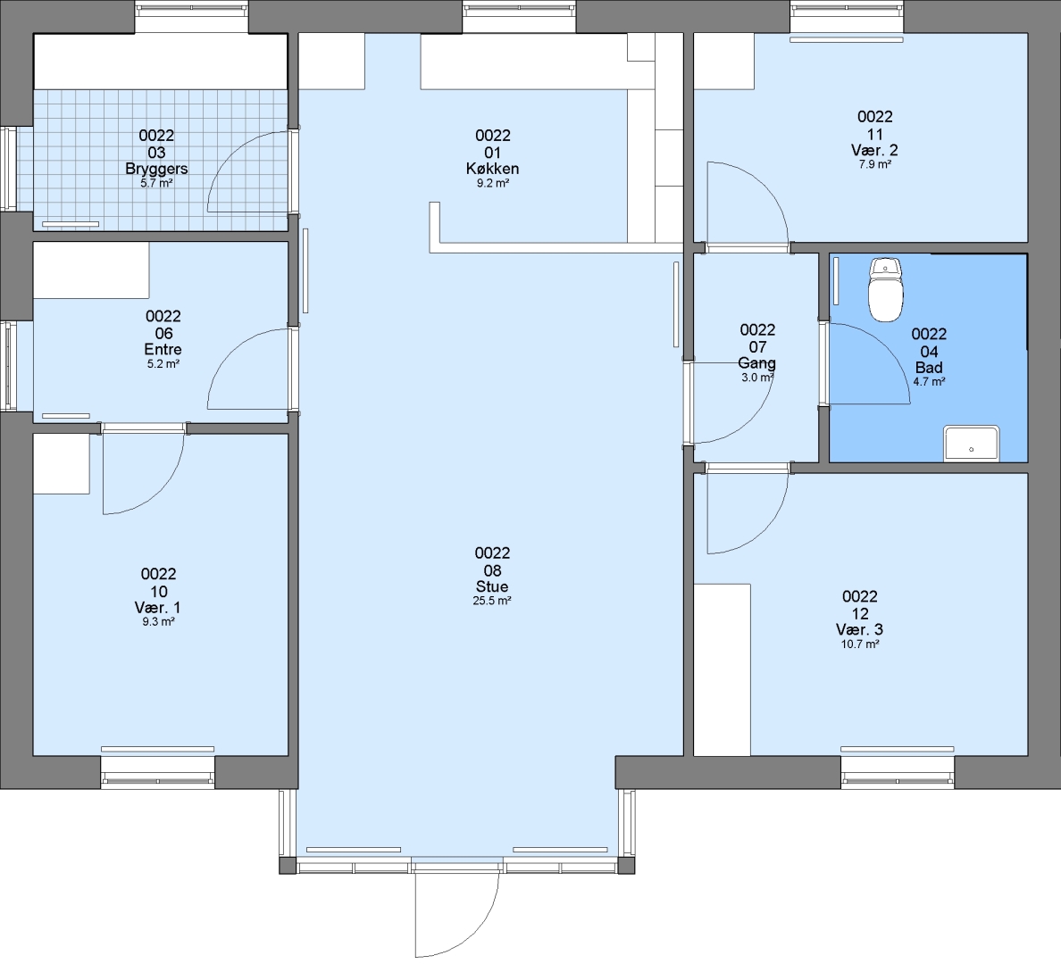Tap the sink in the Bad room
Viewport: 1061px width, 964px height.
click(x=971, y=443)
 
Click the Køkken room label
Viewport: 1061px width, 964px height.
click(x=493, y=169)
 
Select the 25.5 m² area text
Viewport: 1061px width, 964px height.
click(x=492, y=601)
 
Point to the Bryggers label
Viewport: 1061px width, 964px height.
click(x=156, y=169)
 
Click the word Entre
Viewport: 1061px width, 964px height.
click(x=163, y=349)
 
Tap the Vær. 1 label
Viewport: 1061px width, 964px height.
click(x=158, y=608)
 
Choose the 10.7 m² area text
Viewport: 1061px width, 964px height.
click(x=860, y=644)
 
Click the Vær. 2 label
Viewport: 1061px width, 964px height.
click(x=875, y=149)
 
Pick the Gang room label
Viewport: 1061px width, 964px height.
click(x=757, y=363)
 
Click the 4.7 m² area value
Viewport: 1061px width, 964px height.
click(x=929, y=381)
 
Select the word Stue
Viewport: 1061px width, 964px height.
click(x=492, y=586)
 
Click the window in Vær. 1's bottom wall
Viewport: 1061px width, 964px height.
click(x=158, y=772)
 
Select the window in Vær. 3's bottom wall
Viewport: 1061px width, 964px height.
click(x=898, y=772)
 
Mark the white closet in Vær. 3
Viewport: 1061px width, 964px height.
click(x=722, y=669)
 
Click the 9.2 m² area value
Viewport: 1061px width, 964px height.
click(x=493, y=183)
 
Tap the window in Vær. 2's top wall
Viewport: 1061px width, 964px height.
click(x=847, y=17)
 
